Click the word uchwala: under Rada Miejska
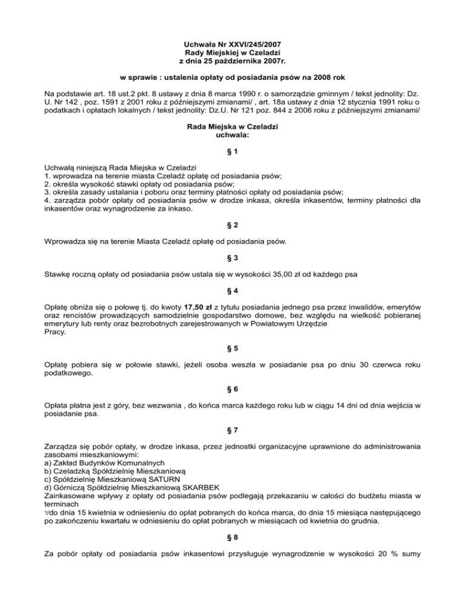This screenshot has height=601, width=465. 232,136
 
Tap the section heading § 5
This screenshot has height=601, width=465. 232,349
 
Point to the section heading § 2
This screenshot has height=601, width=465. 232,225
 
